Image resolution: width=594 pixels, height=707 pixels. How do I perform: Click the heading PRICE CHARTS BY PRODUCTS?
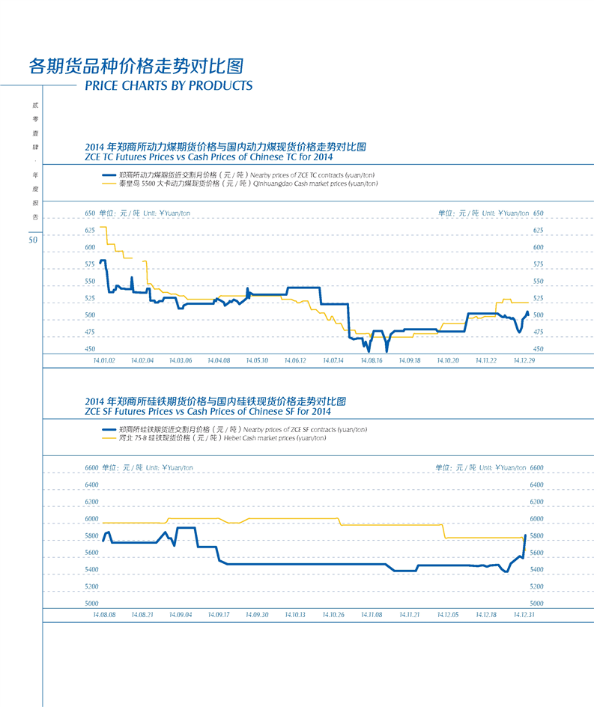[169, 85]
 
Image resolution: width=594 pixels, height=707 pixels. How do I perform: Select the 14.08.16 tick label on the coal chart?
[371, 360]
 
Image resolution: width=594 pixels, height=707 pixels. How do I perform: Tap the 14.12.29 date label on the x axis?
[524, 360]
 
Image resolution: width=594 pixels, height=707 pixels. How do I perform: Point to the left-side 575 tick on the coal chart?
[90, 264]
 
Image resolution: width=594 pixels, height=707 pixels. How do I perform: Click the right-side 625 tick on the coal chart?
[537, 230]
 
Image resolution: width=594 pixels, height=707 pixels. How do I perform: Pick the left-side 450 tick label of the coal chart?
[90, 349]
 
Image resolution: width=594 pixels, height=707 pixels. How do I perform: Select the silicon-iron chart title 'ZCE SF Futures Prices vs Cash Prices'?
[208, 411]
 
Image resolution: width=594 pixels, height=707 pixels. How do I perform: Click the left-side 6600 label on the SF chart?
[91, 467]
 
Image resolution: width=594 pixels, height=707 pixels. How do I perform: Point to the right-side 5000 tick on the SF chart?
[536, 603]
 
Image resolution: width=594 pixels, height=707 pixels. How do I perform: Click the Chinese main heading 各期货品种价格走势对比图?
[136, 65]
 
